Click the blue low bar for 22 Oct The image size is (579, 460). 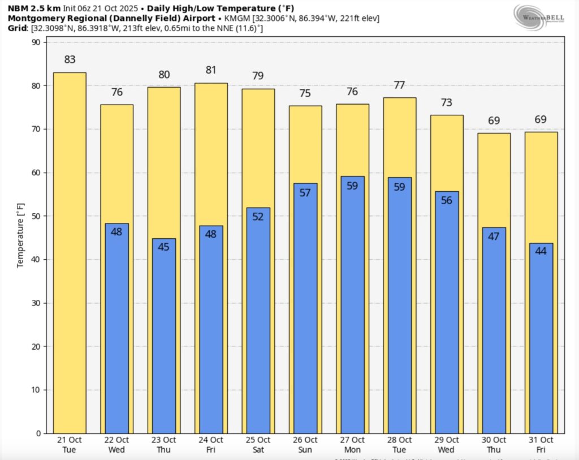(116, 328)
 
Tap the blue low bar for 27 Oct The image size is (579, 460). (352, 305)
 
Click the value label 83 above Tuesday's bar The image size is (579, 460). (70, 59)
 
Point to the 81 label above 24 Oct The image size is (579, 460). (211, 70)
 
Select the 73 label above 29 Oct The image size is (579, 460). (447, 102)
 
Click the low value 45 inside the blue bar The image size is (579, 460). (163, 247)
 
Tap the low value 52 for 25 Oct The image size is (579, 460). (258, 216)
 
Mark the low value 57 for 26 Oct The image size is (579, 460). (305, 192)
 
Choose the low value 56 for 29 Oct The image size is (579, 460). (447, 200)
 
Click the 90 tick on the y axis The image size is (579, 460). (36, 42)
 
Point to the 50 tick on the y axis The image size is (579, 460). (36, 216)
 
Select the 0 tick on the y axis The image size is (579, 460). (38, 433)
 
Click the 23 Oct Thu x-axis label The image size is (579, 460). (163, 444)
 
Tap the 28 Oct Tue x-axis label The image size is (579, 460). (399, 444)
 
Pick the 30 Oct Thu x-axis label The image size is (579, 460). (494, 444)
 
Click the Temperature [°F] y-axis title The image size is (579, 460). (20, 238)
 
